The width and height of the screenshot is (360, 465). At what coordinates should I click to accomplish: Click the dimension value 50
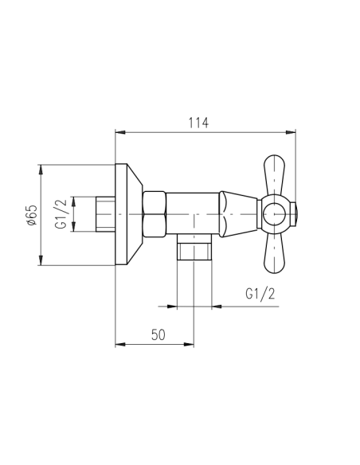(157, 335)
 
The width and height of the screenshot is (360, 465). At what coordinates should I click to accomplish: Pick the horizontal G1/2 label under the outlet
(259, 294)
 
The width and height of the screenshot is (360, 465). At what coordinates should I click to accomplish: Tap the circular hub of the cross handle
(275, 214)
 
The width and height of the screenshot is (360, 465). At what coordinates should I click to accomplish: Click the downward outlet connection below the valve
(193, 248)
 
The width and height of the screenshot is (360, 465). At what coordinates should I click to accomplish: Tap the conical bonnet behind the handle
(238, 213)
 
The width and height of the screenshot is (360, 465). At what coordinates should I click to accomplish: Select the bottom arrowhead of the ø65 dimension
(40, 261)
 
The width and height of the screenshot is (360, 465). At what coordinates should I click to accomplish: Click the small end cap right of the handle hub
(294, 214)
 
